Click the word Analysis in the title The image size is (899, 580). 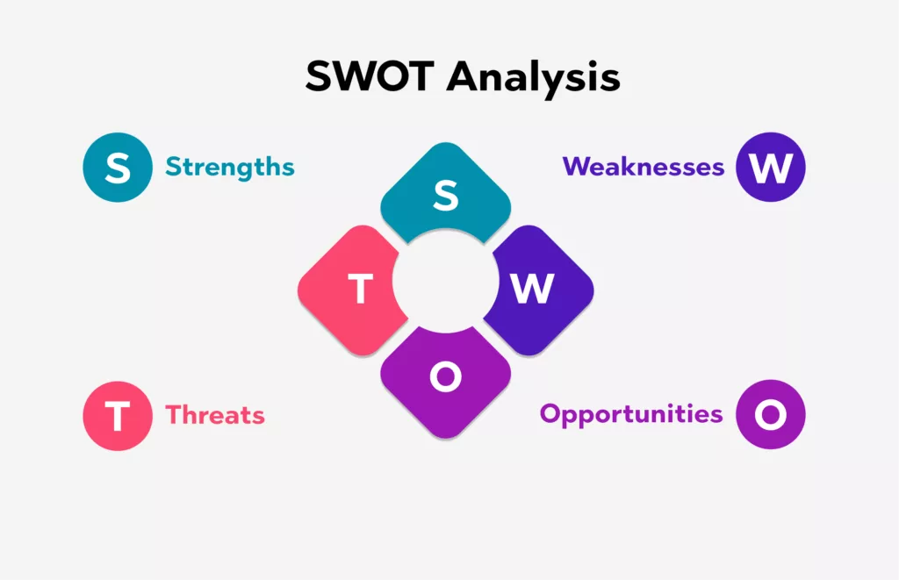point(533,79)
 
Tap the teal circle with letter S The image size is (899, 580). point(118,168)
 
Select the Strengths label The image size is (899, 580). point(230,167)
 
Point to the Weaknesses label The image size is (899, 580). point(644,167)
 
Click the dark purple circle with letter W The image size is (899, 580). point(771,168)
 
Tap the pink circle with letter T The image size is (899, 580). point(118,416)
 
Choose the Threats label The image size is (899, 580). point(215,415)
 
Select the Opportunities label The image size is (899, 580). point(631,414)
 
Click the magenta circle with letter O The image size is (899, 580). point(771,414)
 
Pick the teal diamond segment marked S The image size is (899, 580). point(445,190)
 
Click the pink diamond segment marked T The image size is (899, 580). point(349,290)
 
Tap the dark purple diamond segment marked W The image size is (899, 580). point(542,290)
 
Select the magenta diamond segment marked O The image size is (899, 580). point(445,384)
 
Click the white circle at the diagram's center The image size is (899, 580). point(445,282)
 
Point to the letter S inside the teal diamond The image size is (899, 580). point(445,196)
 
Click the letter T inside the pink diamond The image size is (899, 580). point(361,289)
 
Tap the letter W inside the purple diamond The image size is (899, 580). point(532,289)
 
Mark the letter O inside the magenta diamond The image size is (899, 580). point(445,376)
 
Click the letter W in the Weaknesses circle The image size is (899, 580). point(771,168)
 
